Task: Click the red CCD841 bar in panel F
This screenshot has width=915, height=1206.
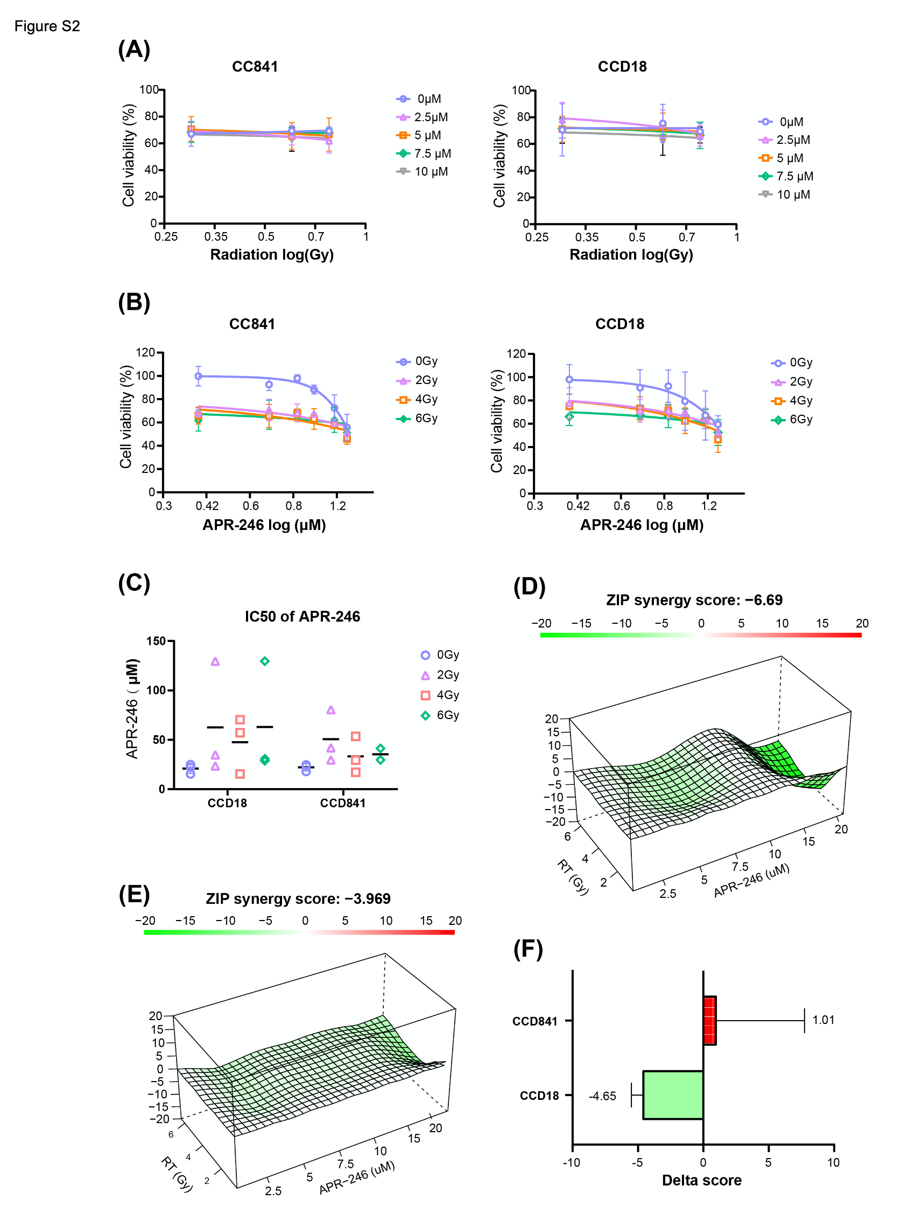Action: (x=709, y=1020)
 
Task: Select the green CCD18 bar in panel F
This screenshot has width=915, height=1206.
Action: (x=672, y=1095)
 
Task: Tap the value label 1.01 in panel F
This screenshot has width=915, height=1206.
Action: (x=823, y=1020)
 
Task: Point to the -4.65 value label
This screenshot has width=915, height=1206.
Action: (x=602, y=1096)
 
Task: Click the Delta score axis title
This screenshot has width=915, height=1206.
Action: (x=701, y=1180)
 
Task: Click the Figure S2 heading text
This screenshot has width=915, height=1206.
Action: (x=47, y=26)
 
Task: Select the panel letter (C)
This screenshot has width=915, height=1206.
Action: (x=134, y=583)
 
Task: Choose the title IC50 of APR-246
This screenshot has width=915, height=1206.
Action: (x=302, y=616)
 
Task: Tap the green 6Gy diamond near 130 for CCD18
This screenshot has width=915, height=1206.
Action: (x=265, y=661)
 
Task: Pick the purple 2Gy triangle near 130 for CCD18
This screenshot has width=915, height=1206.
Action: (x=215, y=662)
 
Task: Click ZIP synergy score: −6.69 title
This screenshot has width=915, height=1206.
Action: (x=694, y=599)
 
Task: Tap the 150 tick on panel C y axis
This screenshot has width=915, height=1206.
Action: (x=156, y=641)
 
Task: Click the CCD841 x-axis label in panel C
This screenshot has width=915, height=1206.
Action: (x=343, y=803)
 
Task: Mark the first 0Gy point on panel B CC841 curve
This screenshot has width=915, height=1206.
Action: (x=199, y=376)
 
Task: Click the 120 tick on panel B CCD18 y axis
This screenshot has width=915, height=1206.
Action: (x=516, y=354)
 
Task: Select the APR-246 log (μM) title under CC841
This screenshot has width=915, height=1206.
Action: (x=264, y=525)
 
